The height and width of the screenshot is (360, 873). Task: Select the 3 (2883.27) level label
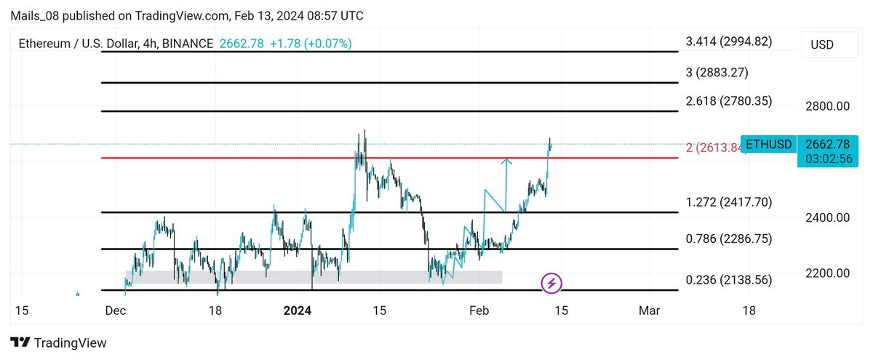coord(717,72)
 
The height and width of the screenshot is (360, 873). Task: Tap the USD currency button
coord(822,45)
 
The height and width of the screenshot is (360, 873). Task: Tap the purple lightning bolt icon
coord(551,283)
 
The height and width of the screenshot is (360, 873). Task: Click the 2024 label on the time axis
coord(297,311)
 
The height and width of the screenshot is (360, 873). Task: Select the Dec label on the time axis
coord(116,311)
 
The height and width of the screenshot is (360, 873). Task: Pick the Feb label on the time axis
coord(478,311)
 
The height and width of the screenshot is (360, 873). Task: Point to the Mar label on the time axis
coord(649,311)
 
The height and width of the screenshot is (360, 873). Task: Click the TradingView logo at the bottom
coord(58,343)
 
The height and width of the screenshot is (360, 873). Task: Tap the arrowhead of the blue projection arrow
coord(507,160)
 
